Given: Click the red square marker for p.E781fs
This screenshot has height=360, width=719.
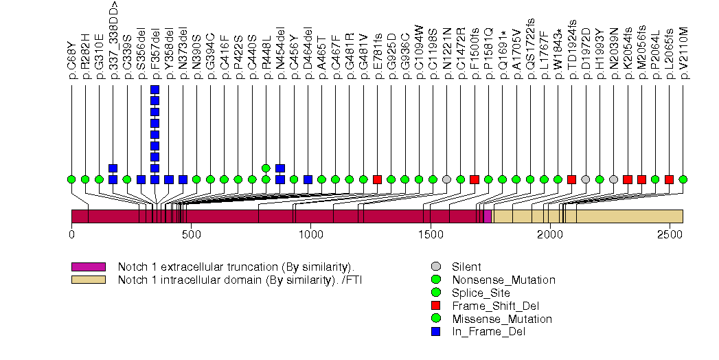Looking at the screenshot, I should [x=377, y=179].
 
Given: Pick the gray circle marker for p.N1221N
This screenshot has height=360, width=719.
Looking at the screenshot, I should [x=447, y=179].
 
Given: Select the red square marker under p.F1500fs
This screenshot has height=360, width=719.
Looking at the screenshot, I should [x=475, y=179].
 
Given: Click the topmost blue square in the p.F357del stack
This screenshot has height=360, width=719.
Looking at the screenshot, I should [x=155, y=90].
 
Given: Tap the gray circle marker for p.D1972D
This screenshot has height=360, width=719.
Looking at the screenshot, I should [x=586, y=179].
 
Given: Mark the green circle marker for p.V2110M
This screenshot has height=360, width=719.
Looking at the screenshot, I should [x=683, y=179].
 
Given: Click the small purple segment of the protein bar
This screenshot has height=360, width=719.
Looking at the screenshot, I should [x=488, y=216].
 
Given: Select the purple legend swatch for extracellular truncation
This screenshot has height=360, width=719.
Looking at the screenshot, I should [x=88, y=267].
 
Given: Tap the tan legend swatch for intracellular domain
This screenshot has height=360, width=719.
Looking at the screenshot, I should [x=88, y=280].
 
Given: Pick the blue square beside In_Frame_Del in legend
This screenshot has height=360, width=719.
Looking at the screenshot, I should [x=435, y=332].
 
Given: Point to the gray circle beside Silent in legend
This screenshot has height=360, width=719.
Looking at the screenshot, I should [x=435, y=267].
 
